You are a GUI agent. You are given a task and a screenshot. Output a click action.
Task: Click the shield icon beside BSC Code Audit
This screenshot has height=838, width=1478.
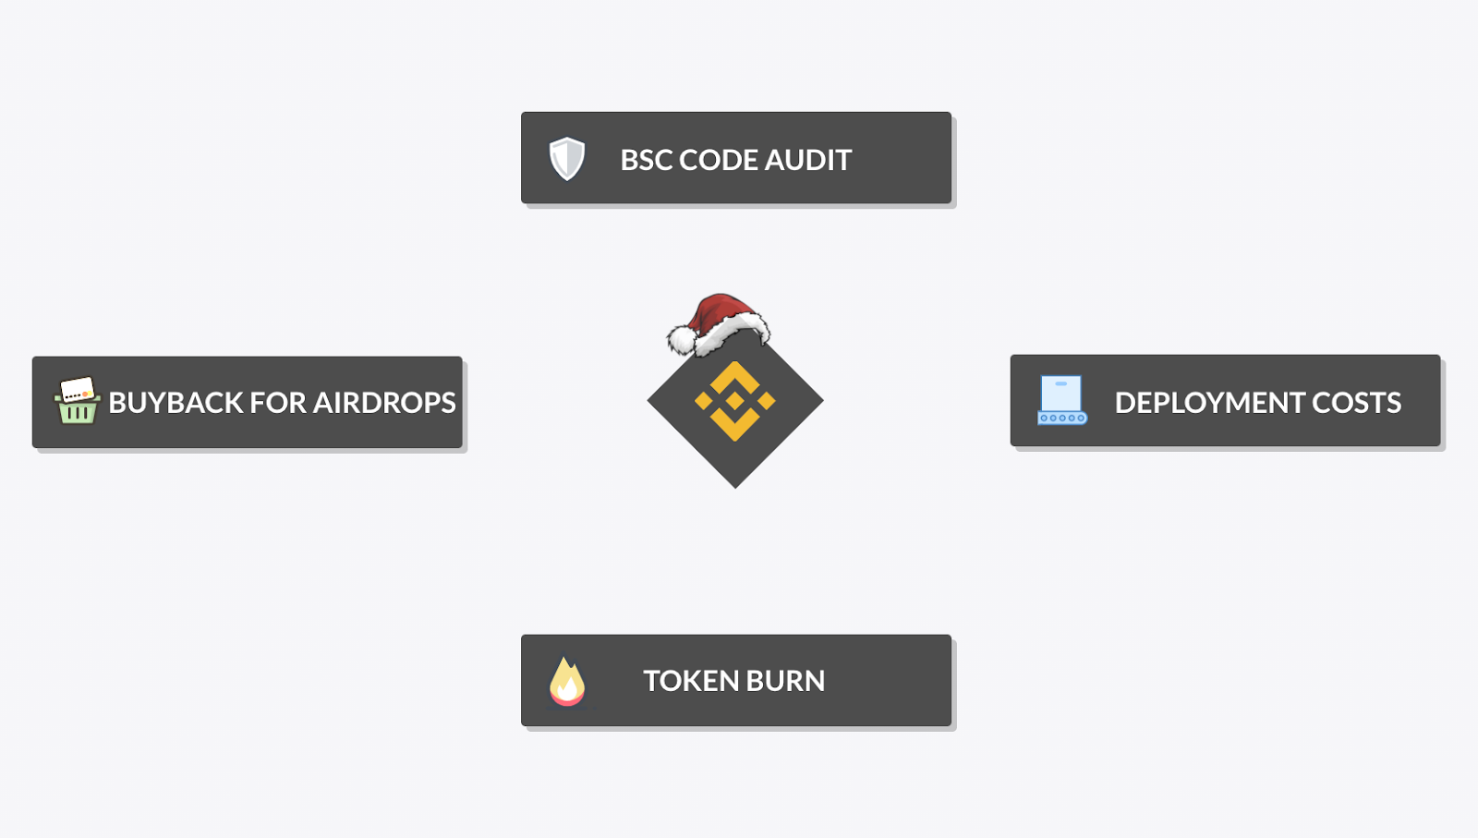pos(567,159)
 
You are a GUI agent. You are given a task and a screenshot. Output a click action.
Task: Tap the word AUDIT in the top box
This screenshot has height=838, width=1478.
pos(807,160)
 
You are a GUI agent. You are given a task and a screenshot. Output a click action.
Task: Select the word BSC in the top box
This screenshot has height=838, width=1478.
pos(647,160)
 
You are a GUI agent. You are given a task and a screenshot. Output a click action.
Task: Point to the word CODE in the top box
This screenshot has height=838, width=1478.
pos(719,160)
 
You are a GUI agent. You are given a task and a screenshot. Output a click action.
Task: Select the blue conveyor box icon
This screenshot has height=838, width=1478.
pos(1061,400)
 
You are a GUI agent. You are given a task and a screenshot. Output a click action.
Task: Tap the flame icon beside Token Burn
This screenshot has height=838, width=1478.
pos(567,682)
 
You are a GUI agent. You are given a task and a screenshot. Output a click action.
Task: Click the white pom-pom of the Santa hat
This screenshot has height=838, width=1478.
pos(682,340)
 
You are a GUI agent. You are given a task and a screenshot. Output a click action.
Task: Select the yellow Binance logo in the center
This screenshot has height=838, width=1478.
pos(735,401)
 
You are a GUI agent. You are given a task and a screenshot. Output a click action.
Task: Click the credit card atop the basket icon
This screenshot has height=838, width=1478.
pos(77,389)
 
